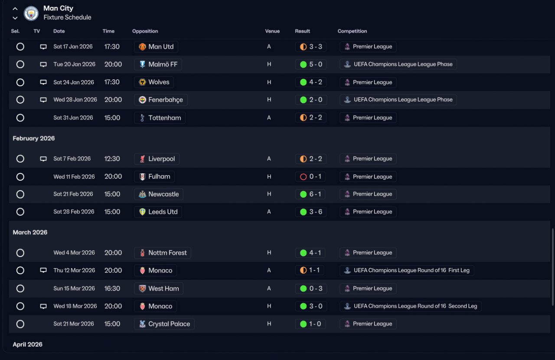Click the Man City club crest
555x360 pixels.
coord(31,13)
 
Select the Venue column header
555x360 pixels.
coord(272,31)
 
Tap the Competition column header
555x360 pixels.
coord(352,31)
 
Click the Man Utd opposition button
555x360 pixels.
coord(156,47)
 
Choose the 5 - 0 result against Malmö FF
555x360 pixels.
coord(311,65)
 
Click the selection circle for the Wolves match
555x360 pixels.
coord(20,82)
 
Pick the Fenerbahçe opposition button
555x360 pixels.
coord(160,100)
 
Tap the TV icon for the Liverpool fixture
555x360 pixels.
coord(43,159)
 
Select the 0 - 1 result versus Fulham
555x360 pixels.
coord(311,177)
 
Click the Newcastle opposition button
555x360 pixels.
coord(159,195)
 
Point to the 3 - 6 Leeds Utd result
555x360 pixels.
coord(311,212)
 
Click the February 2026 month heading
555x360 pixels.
coord(34,139)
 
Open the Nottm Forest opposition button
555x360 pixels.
coord(163,253)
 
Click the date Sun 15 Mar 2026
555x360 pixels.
coord(74,289)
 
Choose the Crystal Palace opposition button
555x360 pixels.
coord(164,324)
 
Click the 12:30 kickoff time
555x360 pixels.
coord(112,159)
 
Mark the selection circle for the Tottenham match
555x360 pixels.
coord(20,118)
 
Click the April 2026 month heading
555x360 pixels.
coord(28,345)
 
